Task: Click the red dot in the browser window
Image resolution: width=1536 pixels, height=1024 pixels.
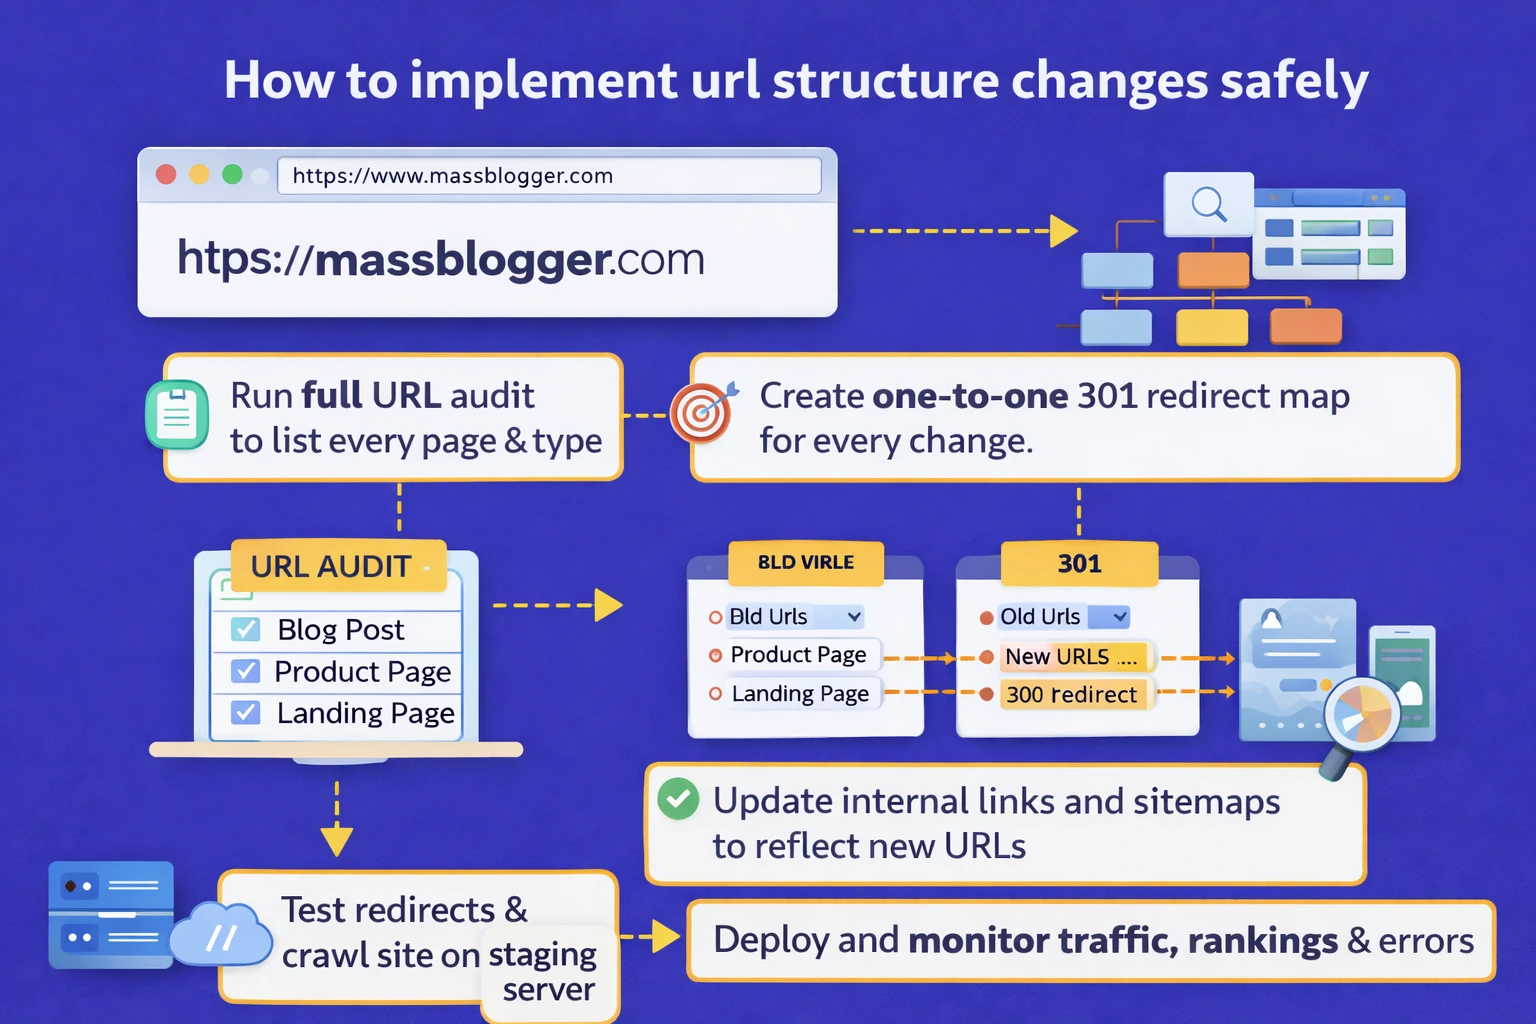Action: [x=166, y=175]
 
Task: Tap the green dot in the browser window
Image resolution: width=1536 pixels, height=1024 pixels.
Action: [x=232, y=175]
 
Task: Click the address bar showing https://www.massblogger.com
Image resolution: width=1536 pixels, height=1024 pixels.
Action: [x=548, y=176]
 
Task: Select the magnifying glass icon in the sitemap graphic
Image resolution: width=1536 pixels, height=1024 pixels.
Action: [x=1208, y=204]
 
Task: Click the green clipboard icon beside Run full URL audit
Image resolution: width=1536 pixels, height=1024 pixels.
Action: [x=177, y=415]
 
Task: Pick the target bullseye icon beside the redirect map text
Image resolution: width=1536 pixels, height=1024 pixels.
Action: [x=701, y=412]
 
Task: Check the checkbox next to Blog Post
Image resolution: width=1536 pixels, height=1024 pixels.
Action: [x=245, y=629]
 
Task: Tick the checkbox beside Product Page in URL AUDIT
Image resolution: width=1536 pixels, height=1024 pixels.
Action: [x=245, y=671]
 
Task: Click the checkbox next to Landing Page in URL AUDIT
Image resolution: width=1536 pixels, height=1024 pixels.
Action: [x=245, y=713]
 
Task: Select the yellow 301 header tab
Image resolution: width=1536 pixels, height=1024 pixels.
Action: [x=1079, y=564]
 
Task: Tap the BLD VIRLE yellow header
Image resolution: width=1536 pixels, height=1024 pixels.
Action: [x=806, y=563]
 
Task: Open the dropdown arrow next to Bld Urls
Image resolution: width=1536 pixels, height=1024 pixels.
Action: [x=854, y=617]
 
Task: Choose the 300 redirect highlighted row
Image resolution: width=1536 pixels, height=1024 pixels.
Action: [x=1071, y=695]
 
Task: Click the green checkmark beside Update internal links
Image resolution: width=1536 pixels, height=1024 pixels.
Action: [x=678, y=799]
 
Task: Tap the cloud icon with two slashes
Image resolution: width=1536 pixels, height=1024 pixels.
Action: [x=221, y=936]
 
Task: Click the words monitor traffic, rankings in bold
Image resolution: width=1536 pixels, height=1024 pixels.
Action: [x=1122, y=941]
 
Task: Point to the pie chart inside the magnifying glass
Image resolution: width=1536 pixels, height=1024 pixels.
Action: [x=1362, y=713]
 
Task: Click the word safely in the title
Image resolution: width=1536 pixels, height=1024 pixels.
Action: [x=1293, y=81]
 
